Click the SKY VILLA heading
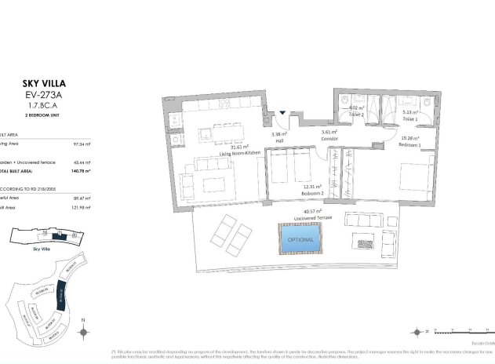39,82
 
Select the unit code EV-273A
39,93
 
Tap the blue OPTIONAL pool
300,239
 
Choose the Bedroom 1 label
410,145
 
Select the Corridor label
329,139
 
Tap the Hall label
278,140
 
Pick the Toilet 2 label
357,115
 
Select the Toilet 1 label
410,118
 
